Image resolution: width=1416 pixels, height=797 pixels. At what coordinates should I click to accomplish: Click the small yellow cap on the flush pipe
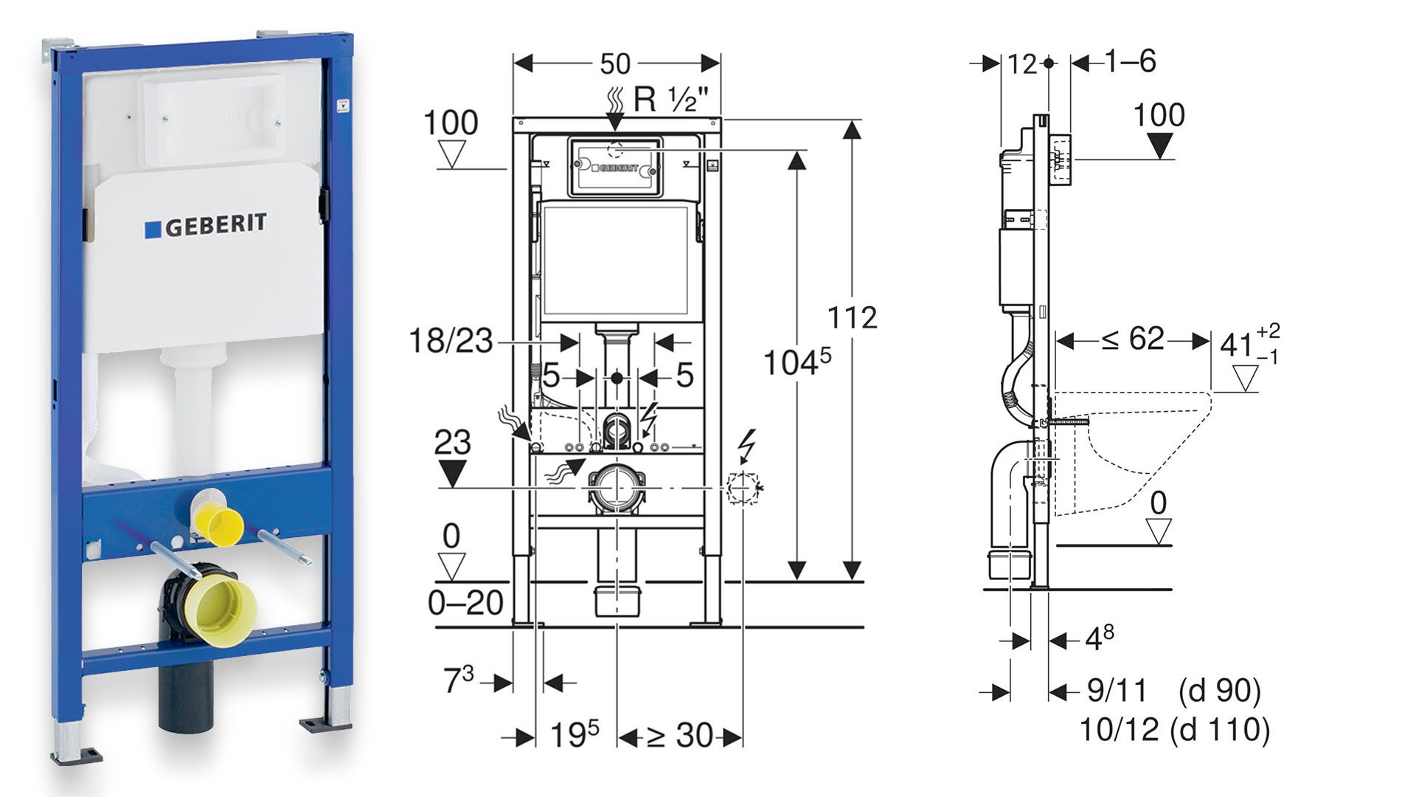222,524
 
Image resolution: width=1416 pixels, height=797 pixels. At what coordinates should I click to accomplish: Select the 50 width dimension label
614,64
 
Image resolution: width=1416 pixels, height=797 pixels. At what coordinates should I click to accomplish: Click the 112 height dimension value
852,318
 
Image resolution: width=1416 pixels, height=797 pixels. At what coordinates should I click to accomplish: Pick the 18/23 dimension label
451,342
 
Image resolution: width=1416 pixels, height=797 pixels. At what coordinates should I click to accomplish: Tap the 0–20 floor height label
465,604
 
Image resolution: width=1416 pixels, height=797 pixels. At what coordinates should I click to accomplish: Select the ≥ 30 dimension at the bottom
679,736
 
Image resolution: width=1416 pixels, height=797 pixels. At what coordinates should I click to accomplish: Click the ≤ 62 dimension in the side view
1133,339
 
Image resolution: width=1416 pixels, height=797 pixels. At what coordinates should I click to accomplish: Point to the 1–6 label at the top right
1129,62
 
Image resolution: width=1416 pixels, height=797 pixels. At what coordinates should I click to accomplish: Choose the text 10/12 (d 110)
1174,730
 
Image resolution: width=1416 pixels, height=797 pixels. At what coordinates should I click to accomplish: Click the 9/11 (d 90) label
1173,691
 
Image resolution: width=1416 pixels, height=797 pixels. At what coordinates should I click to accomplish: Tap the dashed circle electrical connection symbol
742,488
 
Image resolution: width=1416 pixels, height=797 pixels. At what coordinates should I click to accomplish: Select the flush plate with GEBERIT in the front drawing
615,168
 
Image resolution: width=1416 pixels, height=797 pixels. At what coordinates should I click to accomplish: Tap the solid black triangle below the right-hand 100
1160,145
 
